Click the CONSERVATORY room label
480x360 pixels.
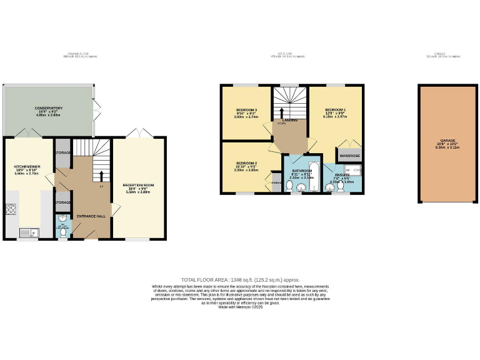[48, 108]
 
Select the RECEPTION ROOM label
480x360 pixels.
[139, 186]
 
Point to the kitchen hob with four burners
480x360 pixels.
[11, 210]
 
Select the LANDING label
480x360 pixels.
[289, 120]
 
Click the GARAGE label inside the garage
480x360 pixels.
[447, 141]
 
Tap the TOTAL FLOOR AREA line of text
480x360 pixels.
[240, 279]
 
